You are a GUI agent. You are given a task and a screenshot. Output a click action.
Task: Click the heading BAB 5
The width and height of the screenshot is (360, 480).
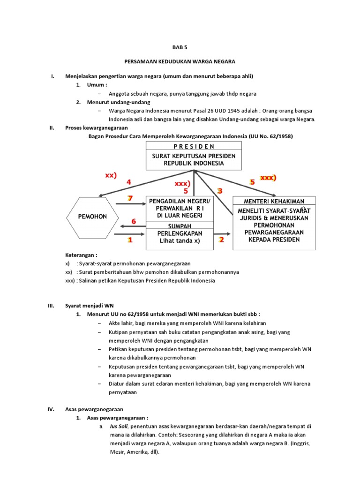(x=180, y=47)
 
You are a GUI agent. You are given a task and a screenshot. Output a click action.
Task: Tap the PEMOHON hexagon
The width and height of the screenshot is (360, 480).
(x=93, y=217)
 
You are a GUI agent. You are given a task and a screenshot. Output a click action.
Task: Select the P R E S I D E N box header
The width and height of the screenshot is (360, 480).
(x=193, y=146)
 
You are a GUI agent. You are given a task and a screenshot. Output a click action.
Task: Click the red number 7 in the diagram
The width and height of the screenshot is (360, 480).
(x=130, y=198)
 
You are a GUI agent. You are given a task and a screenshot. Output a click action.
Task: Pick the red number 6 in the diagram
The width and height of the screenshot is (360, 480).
(x=134, y=221)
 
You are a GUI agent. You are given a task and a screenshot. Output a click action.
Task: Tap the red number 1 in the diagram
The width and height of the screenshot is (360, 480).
(x=130, y=240)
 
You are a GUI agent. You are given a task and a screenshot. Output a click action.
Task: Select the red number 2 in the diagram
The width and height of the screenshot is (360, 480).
(x=222, y=240)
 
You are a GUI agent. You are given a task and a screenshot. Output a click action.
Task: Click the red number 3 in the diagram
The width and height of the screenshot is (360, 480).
(x=219, y=191)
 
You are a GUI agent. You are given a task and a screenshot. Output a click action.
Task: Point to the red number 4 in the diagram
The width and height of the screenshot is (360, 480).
(x=128, y=182)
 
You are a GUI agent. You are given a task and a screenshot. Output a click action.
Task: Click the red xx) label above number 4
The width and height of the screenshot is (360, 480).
(x=111, y=175)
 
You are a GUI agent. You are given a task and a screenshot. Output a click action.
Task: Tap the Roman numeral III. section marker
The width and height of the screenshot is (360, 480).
(x=52, y=305)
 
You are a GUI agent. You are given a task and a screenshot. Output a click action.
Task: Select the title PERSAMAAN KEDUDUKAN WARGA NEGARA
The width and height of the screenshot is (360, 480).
(x=180, y=61)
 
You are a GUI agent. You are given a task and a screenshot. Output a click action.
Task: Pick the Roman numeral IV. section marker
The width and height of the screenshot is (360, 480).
(x=52, y=409)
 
